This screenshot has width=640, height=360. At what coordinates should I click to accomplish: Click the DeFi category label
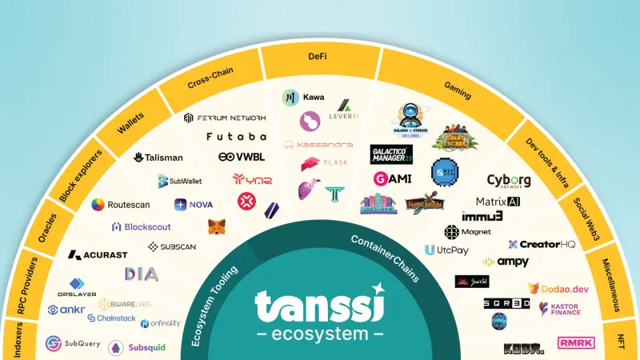[x=317, y=57]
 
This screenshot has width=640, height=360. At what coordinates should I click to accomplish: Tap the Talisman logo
[x=158, y=158]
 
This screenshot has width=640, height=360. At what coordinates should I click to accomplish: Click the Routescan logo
[x=121, y=205]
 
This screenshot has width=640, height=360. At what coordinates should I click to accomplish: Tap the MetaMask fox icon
[x=217, y=227]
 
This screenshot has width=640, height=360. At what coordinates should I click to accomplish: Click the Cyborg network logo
[x=509, y=181]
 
